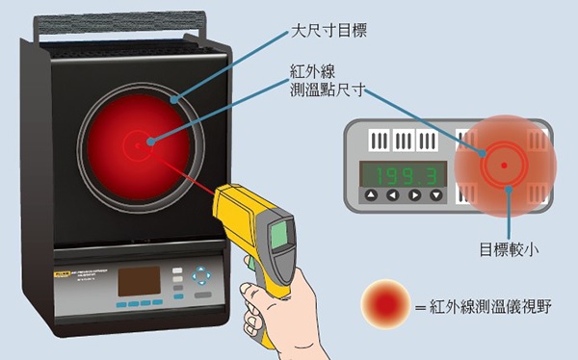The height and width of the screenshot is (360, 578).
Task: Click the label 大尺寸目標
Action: (x=328, y=31)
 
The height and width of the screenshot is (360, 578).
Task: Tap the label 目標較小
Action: (x=509, y=249)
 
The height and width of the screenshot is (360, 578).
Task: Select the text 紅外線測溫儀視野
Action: (x=490, y=307)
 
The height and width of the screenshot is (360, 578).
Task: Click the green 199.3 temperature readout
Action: (x=404, y=174)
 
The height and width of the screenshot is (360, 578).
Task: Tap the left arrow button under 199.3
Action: (x=393, y=195)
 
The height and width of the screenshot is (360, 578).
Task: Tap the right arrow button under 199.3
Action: (x=414, y=195)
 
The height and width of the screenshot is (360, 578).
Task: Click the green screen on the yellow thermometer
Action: (x=279, y=236)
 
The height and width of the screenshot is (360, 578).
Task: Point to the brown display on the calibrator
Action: (x=139, y=281)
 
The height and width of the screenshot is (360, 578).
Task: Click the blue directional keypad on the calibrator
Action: (x=201, y=275)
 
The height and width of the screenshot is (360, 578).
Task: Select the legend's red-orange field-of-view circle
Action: (x=385, y=304)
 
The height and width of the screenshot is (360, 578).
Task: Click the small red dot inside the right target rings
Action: (x=504, y=166)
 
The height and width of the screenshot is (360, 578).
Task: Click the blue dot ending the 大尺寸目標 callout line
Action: (x=174, y=99)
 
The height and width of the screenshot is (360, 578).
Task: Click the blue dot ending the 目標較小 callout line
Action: (x=509, y=189)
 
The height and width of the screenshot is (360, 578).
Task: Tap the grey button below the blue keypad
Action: (x=202, y=295)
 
